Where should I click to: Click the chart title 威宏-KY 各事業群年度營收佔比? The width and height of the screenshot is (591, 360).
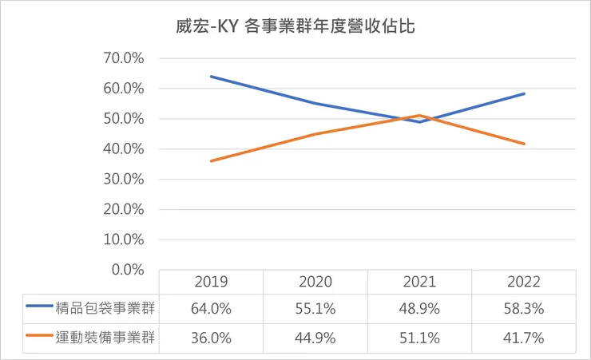click(295, 26)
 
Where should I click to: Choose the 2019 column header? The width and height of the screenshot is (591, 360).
click(211, 282)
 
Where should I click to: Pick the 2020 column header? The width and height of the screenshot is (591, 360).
click(315, 282)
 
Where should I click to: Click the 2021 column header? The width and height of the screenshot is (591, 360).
click(419, 282)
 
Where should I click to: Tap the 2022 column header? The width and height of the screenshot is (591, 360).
click(523, 282)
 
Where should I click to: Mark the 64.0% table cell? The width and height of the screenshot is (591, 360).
click(211, 307)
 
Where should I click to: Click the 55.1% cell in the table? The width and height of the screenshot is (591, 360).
click(315, 307)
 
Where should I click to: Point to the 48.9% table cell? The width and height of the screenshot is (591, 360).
click(419, 307)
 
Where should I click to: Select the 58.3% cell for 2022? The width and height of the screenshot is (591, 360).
click(523, 307)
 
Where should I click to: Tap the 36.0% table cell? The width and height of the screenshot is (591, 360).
click(211, 338)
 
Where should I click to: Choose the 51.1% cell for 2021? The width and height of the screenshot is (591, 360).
click(419, 338)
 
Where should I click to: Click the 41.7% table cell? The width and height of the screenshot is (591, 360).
click(523, 338)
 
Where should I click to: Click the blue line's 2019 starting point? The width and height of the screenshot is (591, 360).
click(211, 77)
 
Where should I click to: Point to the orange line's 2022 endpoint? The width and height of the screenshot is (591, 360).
click(524, 144)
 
